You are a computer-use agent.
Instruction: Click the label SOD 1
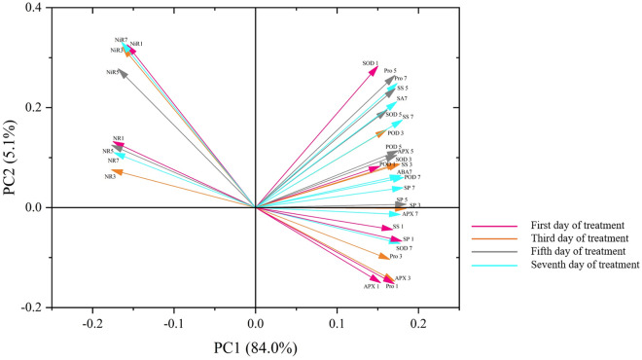click(x=370, y=63)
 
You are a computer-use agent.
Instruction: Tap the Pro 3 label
click(x=395, y=257)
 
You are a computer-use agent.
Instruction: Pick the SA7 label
click(x=401, y=98)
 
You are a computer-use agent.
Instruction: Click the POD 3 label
click(x=395, y=132)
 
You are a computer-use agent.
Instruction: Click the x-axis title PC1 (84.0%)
click(x=256, y=345)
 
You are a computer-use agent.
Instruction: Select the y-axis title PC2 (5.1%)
click(x=14, y=158)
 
